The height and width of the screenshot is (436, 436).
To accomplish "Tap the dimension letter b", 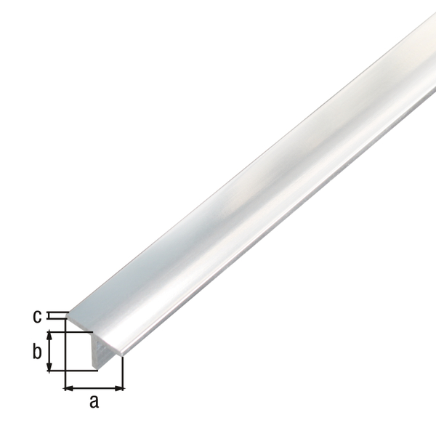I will (36, 352).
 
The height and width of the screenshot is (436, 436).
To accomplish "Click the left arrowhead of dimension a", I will (69, 388).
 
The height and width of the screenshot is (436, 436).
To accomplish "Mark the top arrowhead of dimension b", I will (49, 336).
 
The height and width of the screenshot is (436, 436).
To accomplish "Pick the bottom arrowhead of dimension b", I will (49, 368).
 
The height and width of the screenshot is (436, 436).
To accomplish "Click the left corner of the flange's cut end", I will (68, 315).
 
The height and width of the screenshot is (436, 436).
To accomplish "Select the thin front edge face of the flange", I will (94, 336).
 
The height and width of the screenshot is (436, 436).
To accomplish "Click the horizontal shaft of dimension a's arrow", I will (94, 388).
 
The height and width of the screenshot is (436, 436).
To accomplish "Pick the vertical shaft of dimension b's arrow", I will (49, 352).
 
